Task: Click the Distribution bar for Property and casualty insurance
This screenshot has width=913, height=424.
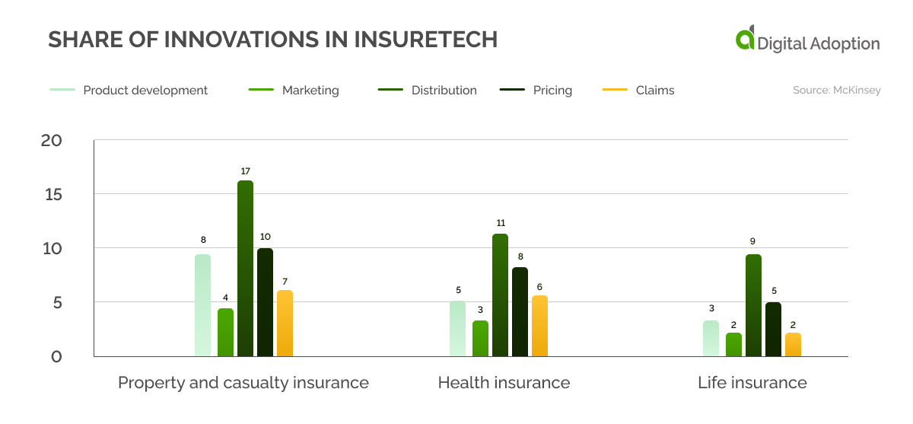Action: click(245, 268)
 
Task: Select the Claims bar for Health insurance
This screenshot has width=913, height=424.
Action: click(539, 326)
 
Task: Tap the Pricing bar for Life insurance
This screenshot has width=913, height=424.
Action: click(773, 329)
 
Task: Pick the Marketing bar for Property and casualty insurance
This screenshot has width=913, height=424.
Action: click(225, 332)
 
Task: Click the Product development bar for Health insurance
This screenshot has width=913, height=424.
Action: click(457, 328)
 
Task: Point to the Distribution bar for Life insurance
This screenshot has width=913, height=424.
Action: click(753, 305)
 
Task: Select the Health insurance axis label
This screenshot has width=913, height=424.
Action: click(504, 382)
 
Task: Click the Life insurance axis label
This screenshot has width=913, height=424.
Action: click(752, 382)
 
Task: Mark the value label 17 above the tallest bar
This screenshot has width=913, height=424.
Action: click(245, 171)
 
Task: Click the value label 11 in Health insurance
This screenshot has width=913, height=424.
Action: click(500, 223)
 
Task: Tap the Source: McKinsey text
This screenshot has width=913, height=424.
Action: click(836, 90)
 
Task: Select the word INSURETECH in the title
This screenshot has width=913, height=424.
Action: click(425, 40)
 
